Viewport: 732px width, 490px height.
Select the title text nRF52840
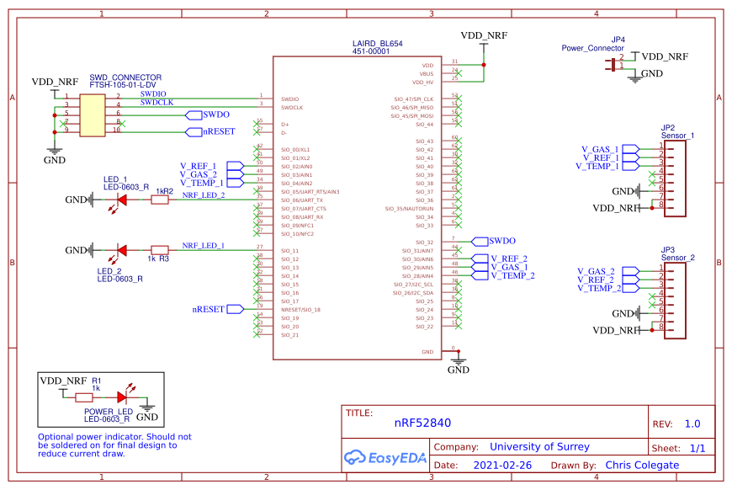coord(422,424)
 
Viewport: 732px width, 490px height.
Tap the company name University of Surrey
coord(539,447)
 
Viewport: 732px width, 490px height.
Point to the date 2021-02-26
coord(501,465)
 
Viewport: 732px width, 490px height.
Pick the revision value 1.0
coord(692,424)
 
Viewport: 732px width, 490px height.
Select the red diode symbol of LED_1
coord(122,200)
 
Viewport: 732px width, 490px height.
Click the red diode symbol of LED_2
coord(122,250)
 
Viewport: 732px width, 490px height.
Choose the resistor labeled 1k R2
coord(160,200)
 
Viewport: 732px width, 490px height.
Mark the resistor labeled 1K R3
coord(160,250)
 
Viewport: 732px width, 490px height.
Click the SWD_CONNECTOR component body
coord(93,114)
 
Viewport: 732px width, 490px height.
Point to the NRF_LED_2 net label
coord(203,195)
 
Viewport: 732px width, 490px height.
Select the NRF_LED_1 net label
coord(203,246)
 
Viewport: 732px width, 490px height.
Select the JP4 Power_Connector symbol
coord(609,65)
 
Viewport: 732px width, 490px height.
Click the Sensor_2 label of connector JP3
coord(677,258)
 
